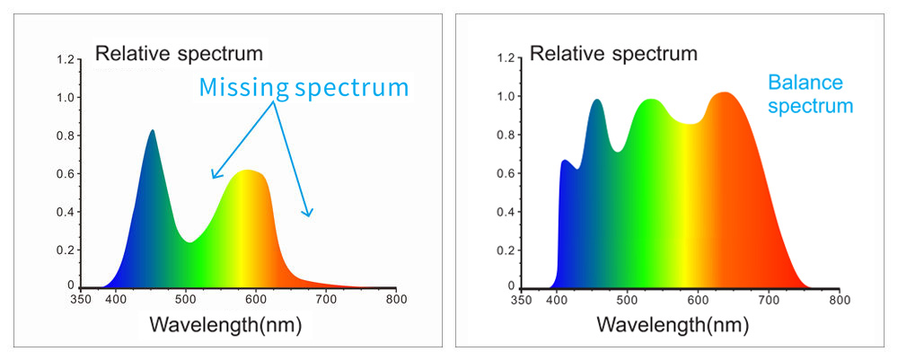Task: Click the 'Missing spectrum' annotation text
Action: point(304,87)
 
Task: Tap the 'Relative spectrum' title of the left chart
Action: point(180,52)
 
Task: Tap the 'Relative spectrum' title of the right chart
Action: point(613,53)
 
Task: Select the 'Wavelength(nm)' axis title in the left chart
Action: point(225,325)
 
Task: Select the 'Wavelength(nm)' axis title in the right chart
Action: point(672,325)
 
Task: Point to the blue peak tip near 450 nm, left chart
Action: point(152,131)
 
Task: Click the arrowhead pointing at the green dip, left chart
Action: point(214,176)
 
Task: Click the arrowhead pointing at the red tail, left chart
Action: point(309,214)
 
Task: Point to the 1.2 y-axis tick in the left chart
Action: point(65,59)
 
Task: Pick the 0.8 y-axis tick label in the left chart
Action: point(65,136)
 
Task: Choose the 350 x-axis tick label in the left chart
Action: point(81,299)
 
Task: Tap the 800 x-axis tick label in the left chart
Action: point(395,299)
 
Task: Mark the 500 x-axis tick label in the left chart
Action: point(186,299)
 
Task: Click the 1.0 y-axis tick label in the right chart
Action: point(505,97)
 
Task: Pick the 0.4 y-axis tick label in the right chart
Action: point(505,212)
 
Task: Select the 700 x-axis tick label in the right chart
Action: point(768,300)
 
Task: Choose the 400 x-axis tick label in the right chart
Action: point(557,300)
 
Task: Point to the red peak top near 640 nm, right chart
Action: point(726,93)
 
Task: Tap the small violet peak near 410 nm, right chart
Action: point(565,162)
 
